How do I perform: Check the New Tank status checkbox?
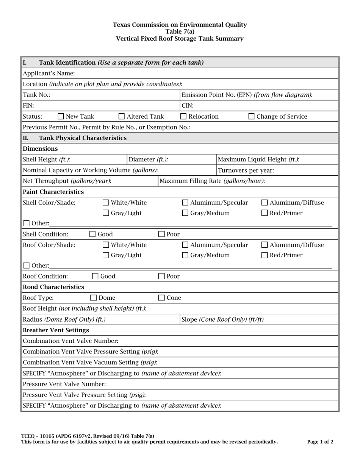(61, 117)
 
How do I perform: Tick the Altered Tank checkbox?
(122, 117)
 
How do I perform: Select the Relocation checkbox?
(183, 117)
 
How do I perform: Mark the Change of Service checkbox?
(251, 117)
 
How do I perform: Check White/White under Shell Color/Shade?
(106, 203)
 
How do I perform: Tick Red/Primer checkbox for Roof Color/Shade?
(265, 255)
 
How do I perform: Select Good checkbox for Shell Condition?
(92, 234)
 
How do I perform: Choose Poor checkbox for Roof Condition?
(161, 277)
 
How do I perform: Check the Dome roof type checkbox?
(93, 298)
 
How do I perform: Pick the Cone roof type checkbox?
(161, 298)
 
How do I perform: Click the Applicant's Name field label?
(49, 73)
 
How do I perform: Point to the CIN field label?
(188, 106)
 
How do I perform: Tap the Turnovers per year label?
(246, 170)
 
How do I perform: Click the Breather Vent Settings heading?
(56, 330)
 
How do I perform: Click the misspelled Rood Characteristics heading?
(53, 287)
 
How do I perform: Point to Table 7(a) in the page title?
(180, 32)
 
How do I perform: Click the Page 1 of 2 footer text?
(320, 442)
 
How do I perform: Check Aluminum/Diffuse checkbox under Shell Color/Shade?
(265, 203)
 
